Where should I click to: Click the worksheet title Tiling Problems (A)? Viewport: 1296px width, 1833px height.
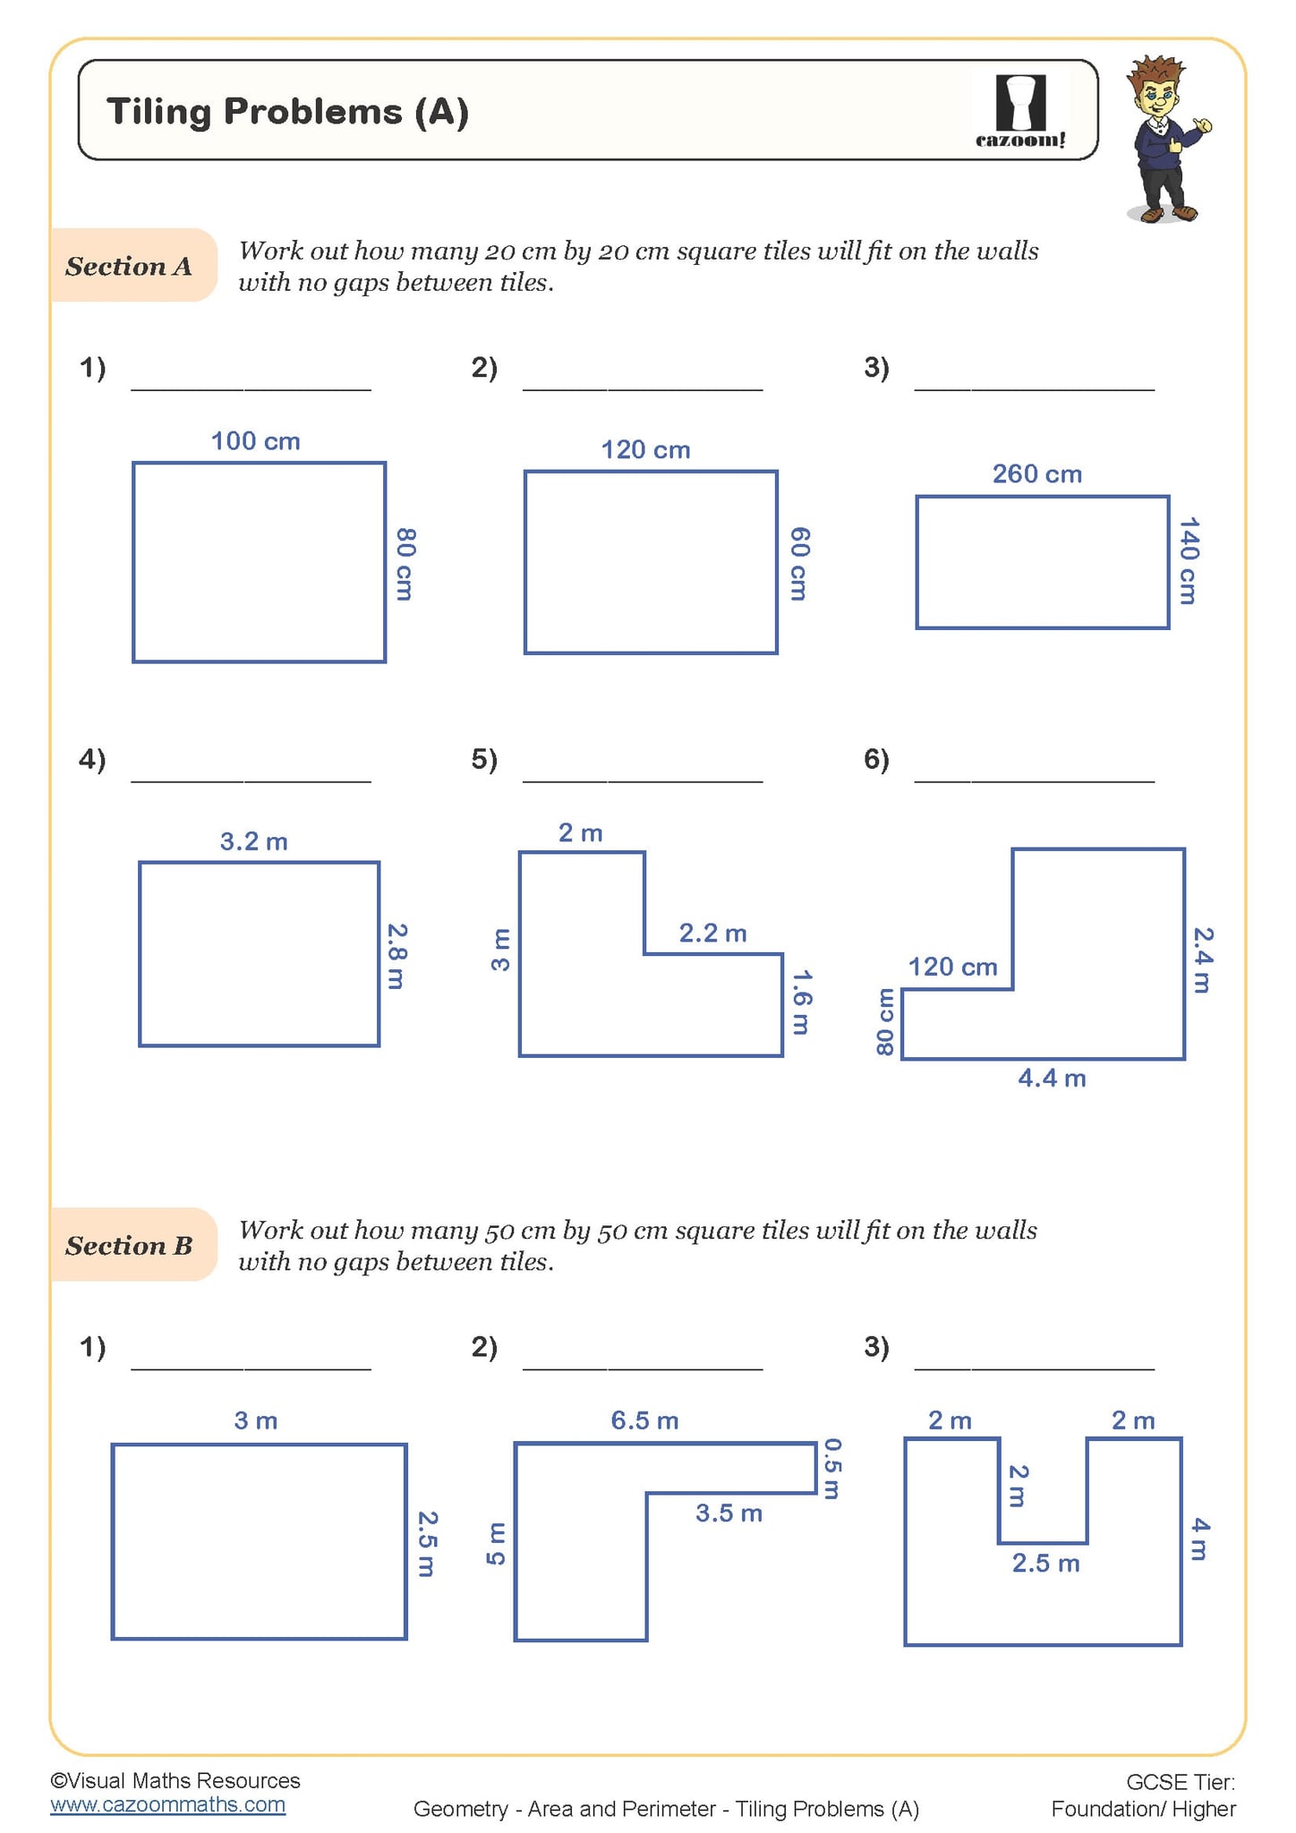287,112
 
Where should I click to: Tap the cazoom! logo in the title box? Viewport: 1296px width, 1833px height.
1020,111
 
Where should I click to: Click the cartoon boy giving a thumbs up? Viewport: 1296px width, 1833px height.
1166,139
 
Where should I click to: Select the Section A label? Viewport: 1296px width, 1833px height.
129,266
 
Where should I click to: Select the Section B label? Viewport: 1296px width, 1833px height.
129,1245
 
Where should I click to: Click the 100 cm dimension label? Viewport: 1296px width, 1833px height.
255,441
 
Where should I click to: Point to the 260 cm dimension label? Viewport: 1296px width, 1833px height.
1036,473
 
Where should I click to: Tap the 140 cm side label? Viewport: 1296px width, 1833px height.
1188,561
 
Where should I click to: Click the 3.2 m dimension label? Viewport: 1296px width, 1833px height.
253,841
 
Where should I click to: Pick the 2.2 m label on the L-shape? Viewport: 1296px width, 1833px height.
712,934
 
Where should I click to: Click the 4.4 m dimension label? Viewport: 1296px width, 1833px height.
1052,1078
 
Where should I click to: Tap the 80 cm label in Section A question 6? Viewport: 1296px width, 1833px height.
884,1021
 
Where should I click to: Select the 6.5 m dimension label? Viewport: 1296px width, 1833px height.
644,1420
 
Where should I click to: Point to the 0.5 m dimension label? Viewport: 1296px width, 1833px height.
831,1468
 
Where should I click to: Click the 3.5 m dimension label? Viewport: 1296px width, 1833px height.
729,1513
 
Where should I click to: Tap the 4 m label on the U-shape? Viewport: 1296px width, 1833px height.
1200,1539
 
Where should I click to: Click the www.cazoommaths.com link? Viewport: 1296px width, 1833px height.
167,1804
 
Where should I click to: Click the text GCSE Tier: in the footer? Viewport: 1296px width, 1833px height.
1180,1782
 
